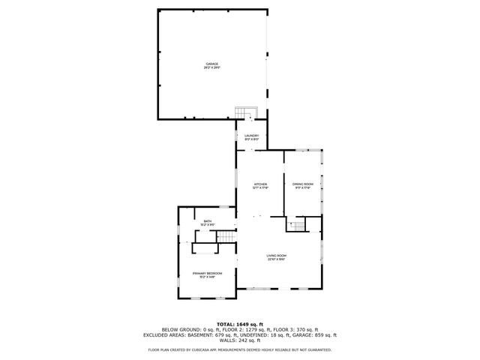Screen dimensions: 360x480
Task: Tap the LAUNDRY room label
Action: [x=251, y=135]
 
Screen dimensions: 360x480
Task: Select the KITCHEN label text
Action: [x=260, y=184]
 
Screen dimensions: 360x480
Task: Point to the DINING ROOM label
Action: [x=302, y=184]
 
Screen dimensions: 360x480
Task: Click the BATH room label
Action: [x=208, y=220]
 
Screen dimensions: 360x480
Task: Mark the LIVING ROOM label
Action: [x=277, y=256]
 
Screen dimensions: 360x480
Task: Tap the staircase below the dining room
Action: [x=298, y=226]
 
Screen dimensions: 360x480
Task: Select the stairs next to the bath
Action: [x=226, y=237]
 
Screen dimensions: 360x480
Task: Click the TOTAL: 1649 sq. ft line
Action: [x=239, y=323]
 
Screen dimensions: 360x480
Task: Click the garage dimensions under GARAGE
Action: [x=212, y=68]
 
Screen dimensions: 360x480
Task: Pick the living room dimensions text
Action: [x=277, y=260]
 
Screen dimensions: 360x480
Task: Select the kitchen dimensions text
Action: [x=260, y=188]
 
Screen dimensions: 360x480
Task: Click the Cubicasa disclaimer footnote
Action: [x=239, y=349]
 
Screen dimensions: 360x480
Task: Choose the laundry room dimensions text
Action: [x=251, y=139]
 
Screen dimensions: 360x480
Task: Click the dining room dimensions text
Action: [x=302, y=188]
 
